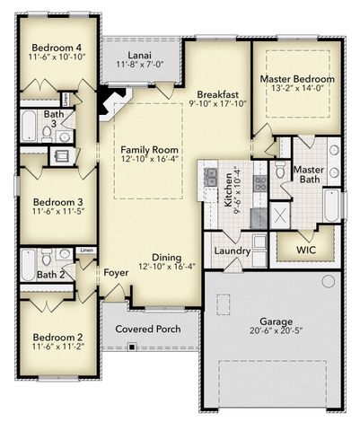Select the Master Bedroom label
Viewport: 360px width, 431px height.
pos(297,79)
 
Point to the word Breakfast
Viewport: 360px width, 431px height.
pos(217,94)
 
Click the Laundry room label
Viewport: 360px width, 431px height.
pos(232,250)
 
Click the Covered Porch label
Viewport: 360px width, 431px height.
pos(148,329)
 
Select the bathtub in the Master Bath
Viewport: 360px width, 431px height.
pos(332,206)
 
